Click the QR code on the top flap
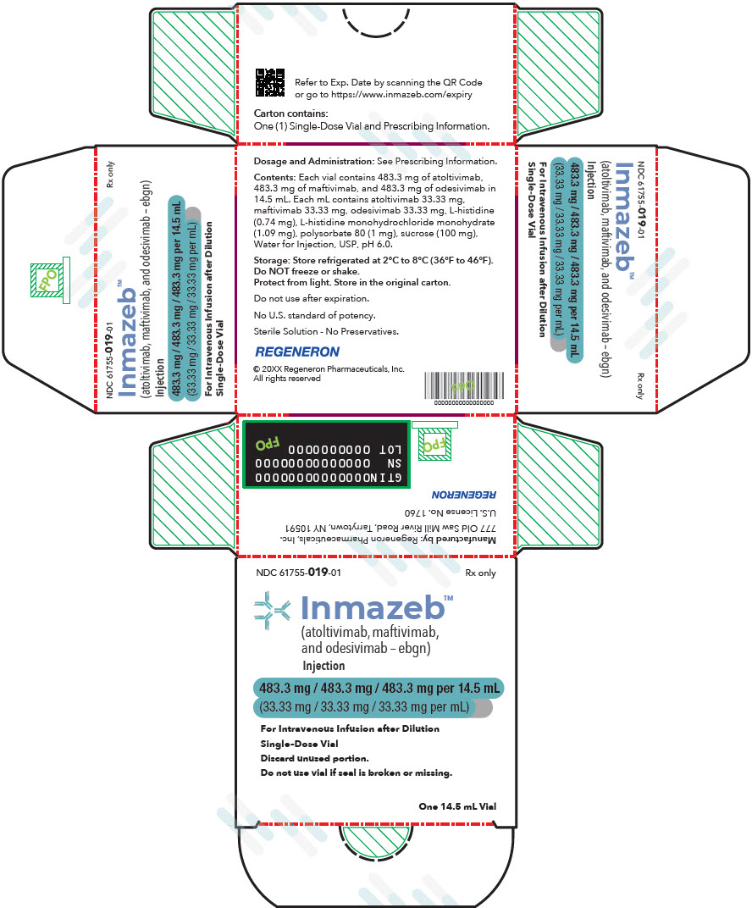tap(270, 83)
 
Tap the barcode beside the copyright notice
tap(464, 385)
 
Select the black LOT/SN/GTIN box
tap(327, 455)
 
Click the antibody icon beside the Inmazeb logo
tap(272, 610)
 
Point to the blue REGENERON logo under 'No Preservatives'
tap(297, 352)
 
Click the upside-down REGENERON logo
tap(464, 495)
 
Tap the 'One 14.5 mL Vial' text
tap(457, 806)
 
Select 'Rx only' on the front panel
tap(480, 573)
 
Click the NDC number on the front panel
tap(298, 572)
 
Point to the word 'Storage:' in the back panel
tap(272, 261)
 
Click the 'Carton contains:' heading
tap(290, 113)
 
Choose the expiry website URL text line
tap(384, 94)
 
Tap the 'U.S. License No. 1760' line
tap(450, 512)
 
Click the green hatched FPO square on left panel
tap(47, 280)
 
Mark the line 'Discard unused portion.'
tap(314, 758)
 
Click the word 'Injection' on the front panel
tap(323, 666)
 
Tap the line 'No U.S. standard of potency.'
tap(314, 316)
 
